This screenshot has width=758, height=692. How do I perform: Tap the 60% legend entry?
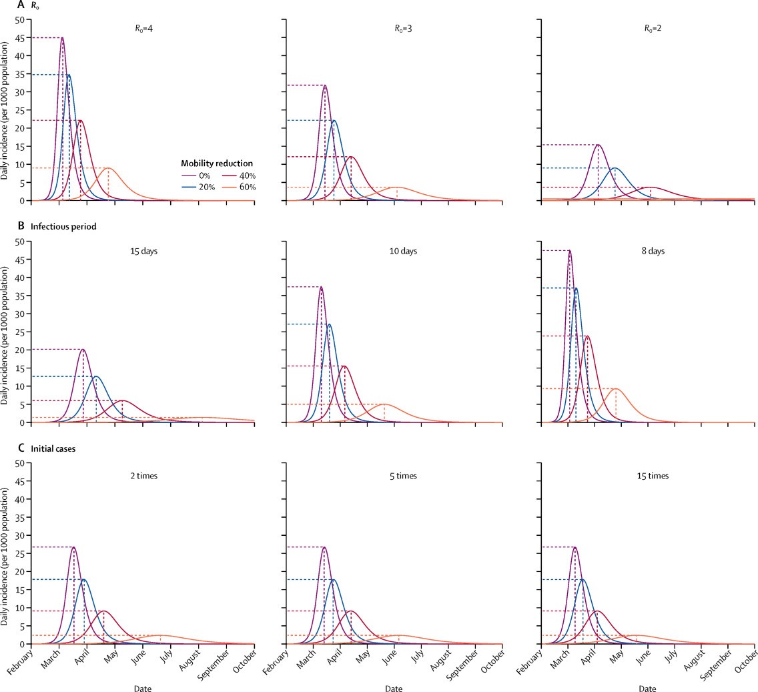(x=246, y=188)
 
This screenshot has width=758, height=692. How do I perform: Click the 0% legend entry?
(x=201, y=176)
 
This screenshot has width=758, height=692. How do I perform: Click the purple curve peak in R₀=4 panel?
(x=62, y=37)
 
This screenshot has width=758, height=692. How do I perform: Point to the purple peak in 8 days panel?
(x=570, y=250)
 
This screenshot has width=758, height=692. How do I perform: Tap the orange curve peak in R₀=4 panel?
(x=107, y=168)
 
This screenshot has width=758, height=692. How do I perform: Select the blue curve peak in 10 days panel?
(x=329, y=324)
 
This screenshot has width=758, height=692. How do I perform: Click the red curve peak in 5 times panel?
(x=351, y=611)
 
